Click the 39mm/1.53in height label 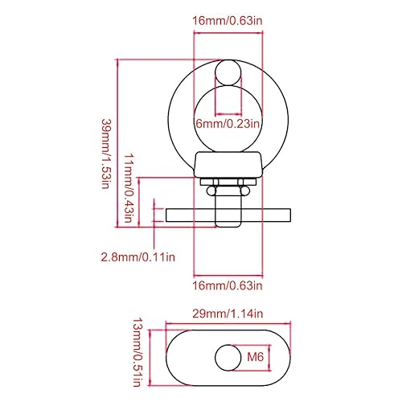coord(106,154)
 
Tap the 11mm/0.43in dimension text coord(128,188)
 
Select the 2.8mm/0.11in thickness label coord(138,257)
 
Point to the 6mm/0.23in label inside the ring coord(228,124)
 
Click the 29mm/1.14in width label coord(228,314)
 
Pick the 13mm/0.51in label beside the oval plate coord(137,352)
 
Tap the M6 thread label coord(256,357)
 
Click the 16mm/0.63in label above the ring coord(228,21)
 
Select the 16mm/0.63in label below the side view coord(228,285)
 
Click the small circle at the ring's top coord(228,73)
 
